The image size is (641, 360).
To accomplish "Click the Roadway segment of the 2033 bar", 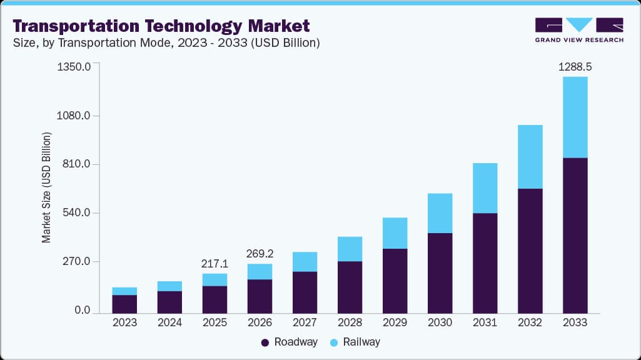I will click(575, 235).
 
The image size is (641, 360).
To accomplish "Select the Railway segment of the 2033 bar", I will click(575, 117).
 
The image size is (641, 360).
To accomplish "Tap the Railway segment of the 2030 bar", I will click(440, 213).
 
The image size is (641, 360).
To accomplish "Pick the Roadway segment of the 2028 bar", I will click(350, 287).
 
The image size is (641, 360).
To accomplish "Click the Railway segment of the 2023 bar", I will click(124, 291).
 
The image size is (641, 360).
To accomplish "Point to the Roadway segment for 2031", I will click(485, 263).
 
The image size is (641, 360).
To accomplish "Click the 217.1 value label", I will click(215, 264).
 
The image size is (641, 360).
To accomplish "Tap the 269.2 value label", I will click(260, 254).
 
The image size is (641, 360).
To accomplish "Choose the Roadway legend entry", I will click(289, 342).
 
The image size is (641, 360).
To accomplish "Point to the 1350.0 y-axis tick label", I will click(74, 66).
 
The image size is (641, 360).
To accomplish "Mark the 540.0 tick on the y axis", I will click(76, 213).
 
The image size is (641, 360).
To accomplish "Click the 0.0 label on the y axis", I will click(82, 311).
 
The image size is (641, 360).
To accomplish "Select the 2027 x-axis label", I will click(305, 322).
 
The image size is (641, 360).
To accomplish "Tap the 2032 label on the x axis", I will click(530, 322).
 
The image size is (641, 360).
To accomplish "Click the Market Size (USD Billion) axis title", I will click(46, 188).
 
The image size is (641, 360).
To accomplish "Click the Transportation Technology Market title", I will click(161, 26).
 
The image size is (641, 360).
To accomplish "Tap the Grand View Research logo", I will click(578, 29).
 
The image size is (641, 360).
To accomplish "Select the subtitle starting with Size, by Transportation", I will click(166, 43).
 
